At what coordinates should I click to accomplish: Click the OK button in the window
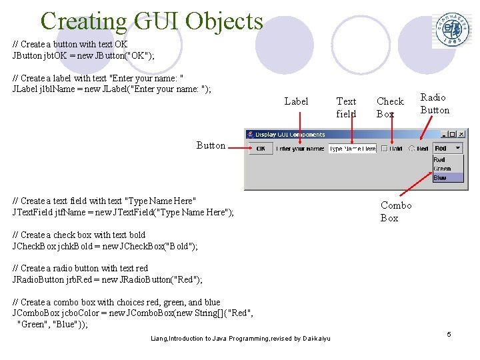(261, 149)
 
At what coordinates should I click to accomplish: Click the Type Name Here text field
(352, 149)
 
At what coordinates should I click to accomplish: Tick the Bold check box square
(385, 149)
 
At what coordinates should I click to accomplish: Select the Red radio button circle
(412, 149)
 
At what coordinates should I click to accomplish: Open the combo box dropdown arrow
(458, 149)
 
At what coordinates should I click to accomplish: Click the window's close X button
(461, 134)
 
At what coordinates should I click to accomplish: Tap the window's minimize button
(443, 134)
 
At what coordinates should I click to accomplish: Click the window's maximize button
(452, 134)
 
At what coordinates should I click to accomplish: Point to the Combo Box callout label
(395, 211)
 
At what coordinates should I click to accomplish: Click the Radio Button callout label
(434, 103)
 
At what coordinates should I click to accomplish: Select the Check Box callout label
(390, 107)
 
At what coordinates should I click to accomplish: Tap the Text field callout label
(346, 107)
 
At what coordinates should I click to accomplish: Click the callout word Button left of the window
(211, 145)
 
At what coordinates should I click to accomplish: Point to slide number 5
(449, 334)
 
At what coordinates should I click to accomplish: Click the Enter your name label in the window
(300, 149)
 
